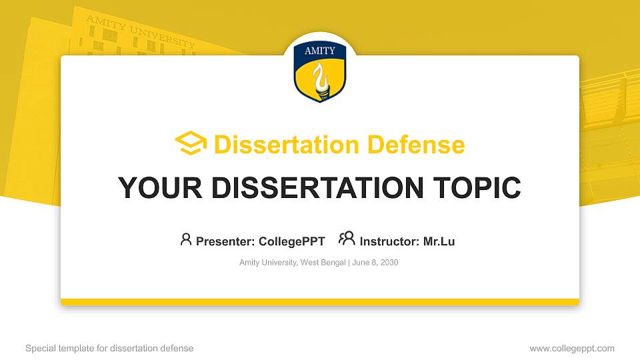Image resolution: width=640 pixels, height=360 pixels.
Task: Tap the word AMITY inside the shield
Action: click(320, 51)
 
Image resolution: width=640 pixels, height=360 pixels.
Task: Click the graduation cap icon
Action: click(191, 144)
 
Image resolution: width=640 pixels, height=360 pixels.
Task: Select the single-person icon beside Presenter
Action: click(186, 239)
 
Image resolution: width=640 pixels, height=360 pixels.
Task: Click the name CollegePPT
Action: click(292, 241)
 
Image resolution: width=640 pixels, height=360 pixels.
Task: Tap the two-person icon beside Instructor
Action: click(347, 239)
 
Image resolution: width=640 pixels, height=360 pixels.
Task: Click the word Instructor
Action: click(389, 241)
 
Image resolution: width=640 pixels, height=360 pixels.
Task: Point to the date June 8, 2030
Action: click(375, 263)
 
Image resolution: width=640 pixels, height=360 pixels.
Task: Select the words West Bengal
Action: click(323, 263)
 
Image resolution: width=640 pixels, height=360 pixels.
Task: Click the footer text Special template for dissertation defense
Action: click(109, 348)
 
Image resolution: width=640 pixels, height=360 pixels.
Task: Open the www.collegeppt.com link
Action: click(571, 348)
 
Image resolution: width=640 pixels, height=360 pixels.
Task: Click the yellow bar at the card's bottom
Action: click(320, 302)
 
